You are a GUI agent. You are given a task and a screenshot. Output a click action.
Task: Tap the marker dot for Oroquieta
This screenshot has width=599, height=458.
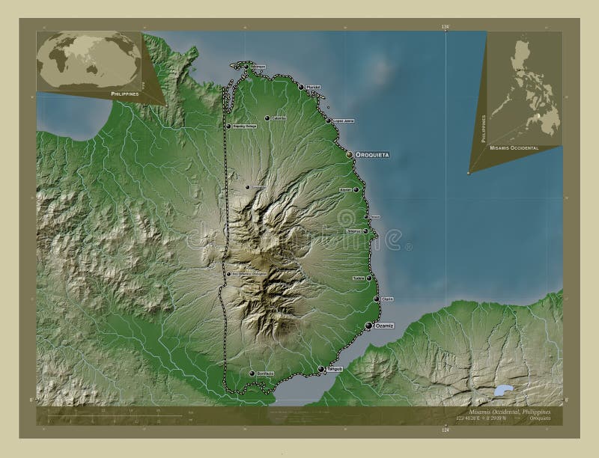[x=350, y=154]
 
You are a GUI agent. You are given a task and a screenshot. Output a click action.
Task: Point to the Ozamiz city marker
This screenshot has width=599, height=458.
[x=368, y=326]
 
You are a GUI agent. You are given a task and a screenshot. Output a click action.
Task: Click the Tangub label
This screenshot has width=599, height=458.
[x=334, y=369]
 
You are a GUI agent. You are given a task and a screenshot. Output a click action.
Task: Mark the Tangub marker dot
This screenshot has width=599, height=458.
[x=320, y=369]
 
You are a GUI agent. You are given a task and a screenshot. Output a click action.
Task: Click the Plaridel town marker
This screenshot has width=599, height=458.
[x=300, y=88]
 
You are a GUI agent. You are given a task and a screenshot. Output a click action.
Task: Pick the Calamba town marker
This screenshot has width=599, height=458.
[x=267, y=118]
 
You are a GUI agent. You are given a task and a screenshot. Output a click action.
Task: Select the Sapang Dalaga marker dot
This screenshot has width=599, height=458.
[x=229, y=126]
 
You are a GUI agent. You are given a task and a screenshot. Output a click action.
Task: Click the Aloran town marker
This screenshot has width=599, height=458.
[x=356, y=189]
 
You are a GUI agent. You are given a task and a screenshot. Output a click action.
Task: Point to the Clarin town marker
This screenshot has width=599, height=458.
[x=376, y=299]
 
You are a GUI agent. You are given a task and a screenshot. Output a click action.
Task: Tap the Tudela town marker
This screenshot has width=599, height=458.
[x=368, y=278]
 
